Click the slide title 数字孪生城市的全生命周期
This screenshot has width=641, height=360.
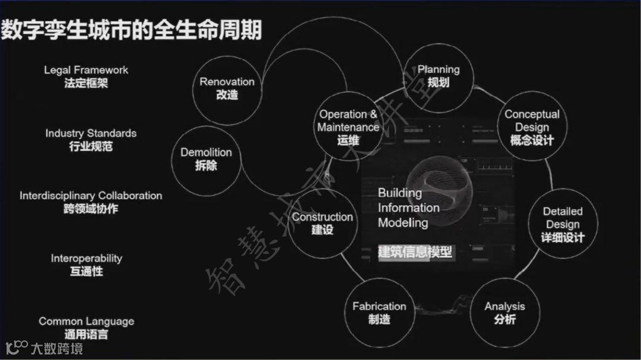[131, 29]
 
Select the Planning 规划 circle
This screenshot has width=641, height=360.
[438, 76]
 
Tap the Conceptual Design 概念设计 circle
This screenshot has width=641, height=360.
[532, 127]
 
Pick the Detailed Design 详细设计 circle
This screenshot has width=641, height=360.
[563, 224]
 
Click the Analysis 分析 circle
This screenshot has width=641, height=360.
[504, 313]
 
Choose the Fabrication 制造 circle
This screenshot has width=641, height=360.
[379, 313]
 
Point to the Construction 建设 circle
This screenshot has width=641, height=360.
[322, 223]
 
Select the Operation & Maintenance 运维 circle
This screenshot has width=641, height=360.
[348, 127]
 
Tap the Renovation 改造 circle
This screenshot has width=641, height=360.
[227, 88]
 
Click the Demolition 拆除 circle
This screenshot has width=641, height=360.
[206, 158]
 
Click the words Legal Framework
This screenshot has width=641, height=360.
[86, 70]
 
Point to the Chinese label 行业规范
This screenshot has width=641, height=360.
[91, 146]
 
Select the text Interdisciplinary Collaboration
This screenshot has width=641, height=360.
[91, 196]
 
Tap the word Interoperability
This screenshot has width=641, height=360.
[86, 259]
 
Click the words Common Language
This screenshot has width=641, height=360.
[87, 321]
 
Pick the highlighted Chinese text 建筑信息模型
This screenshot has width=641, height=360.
[415, 251]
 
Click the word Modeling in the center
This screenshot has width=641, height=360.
[403, 223]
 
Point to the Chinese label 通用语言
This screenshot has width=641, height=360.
[87, 334]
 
